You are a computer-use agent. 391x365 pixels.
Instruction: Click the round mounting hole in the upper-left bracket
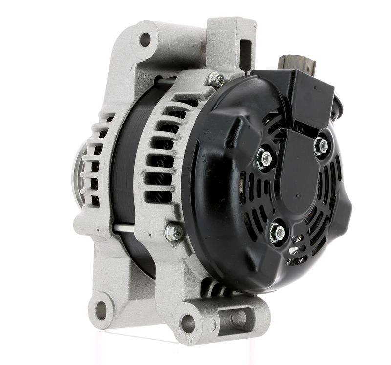pos(145,39)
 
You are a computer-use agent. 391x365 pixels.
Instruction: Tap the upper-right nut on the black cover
pos(321,145)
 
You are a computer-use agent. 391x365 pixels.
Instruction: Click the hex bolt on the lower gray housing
pos(174,233)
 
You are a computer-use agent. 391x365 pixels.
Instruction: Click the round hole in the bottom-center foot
pos(188,323)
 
